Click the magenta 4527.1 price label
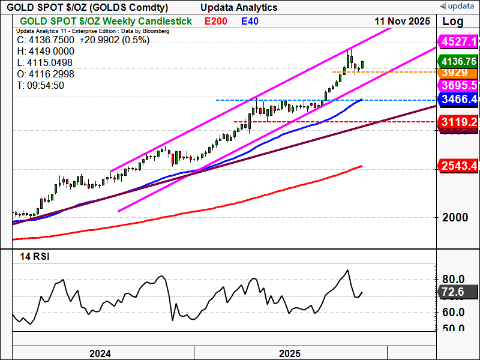(458, 42)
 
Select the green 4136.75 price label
(458, 61)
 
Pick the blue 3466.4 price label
(458, 99)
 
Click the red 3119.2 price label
(458, 122)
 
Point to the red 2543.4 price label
(458, 165)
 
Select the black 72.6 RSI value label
(453, 292)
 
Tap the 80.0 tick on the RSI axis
(454, 279)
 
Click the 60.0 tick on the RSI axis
(454, 312)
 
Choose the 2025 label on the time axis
(290, 353)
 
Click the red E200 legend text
(215, 21)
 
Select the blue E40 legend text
(250, 21)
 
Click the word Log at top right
(453, 21)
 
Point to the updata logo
(458, 7)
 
